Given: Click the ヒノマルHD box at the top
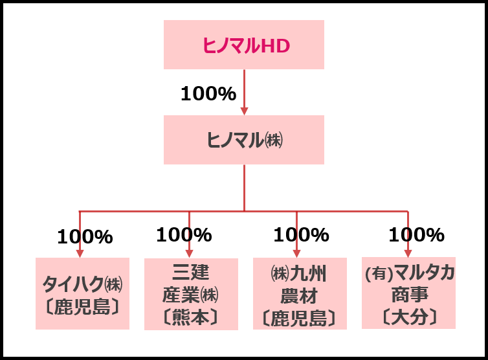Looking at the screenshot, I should pos(243,44).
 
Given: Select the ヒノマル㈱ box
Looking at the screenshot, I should pos(243,139).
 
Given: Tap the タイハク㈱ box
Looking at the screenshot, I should pos(82,293).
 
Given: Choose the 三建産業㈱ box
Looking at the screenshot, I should pos(191,294).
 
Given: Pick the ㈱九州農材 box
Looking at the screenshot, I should pos(300,293).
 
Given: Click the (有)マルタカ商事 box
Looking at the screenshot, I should pos(408,293).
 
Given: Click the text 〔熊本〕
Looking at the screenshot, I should pos(191,317).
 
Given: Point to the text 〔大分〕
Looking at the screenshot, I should pos(408,317).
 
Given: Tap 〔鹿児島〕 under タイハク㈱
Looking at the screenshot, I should pos(82,306).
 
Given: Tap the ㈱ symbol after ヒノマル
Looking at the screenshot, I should pos(274,140).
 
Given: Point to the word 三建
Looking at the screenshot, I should pos(191,271).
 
